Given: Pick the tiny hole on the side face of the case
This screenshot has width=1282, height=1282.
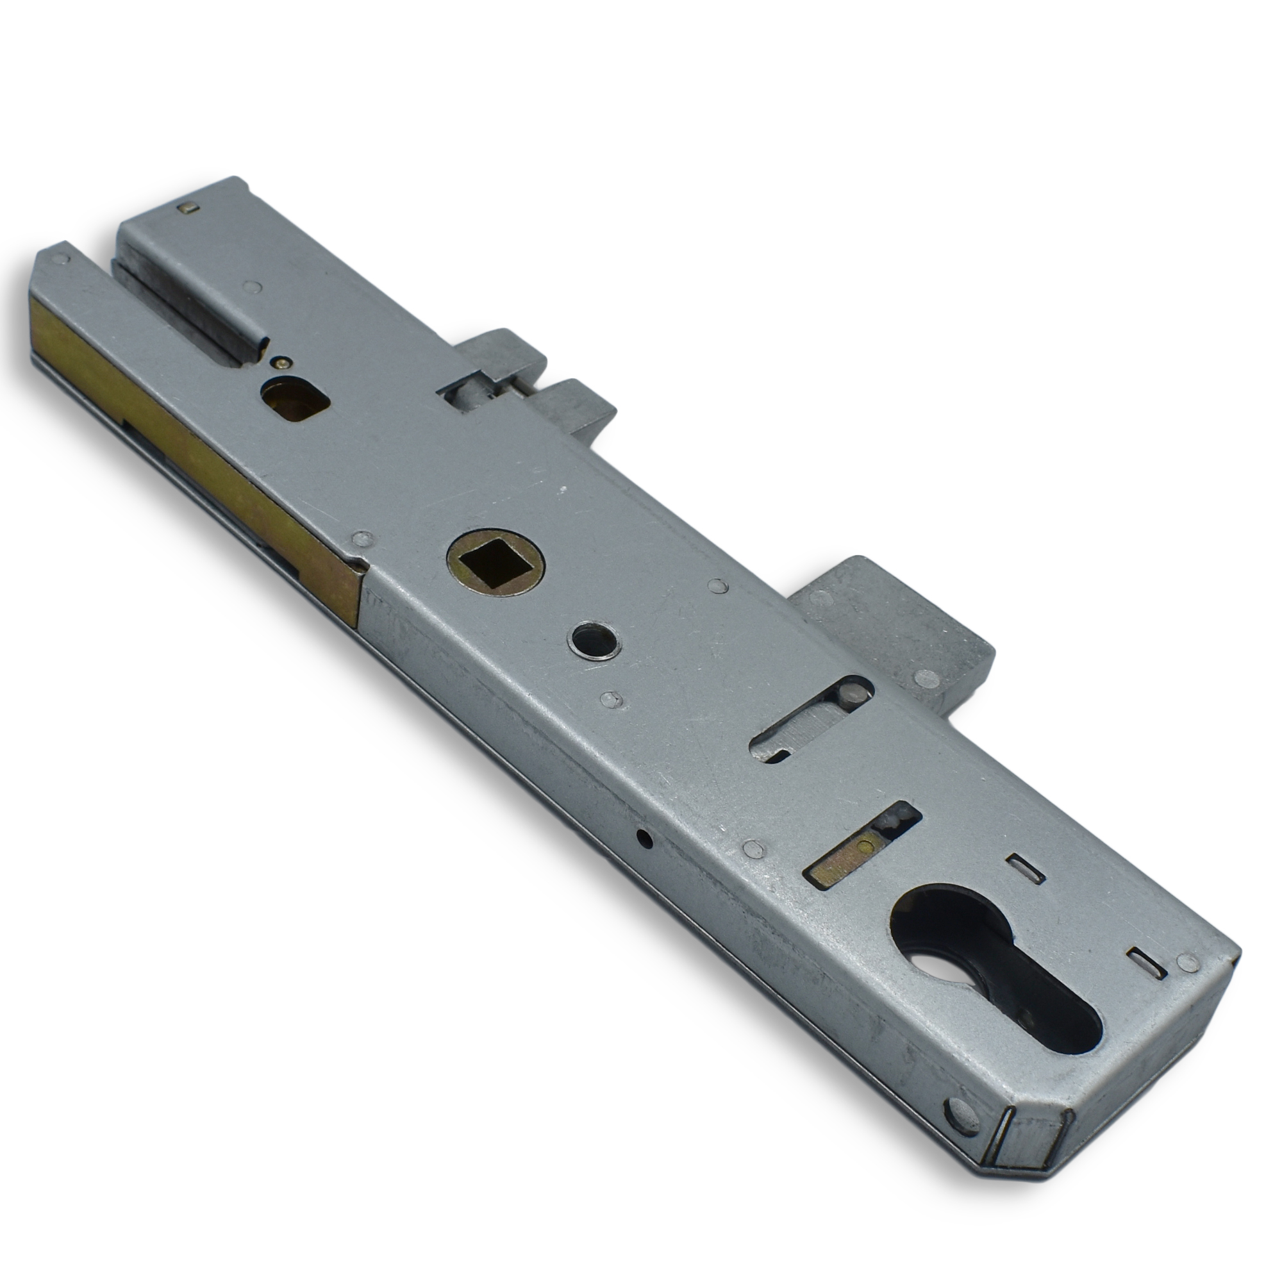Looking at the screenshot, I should point(644,838).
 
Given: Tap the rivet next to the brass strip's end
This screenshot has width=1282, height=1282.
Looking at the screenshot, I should point(362,539).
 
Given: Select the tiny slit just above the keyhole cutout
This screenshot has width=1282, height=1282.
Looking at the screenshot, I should point(1025,868).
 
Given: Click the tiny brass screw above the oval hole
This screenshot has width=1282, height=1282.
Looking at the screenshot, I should point(283,362).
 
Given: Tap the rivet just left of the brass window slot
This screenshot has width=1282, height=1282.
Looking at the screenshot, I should point(751,847).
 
